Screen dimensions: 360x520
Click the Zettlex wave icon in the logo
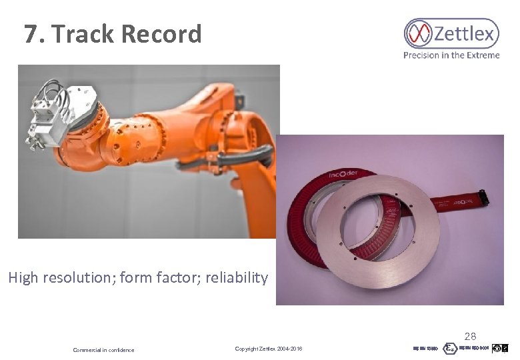coord(419,33)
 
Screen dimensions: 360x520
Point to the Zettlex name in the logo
coord(465,33)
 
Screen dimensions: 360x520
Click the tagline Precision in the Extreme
coord(451,55)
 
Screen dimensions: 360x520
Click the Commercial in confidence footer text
coord(103,350)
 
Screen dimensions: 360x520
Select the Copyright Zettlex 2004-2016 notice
coord(269,349)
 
